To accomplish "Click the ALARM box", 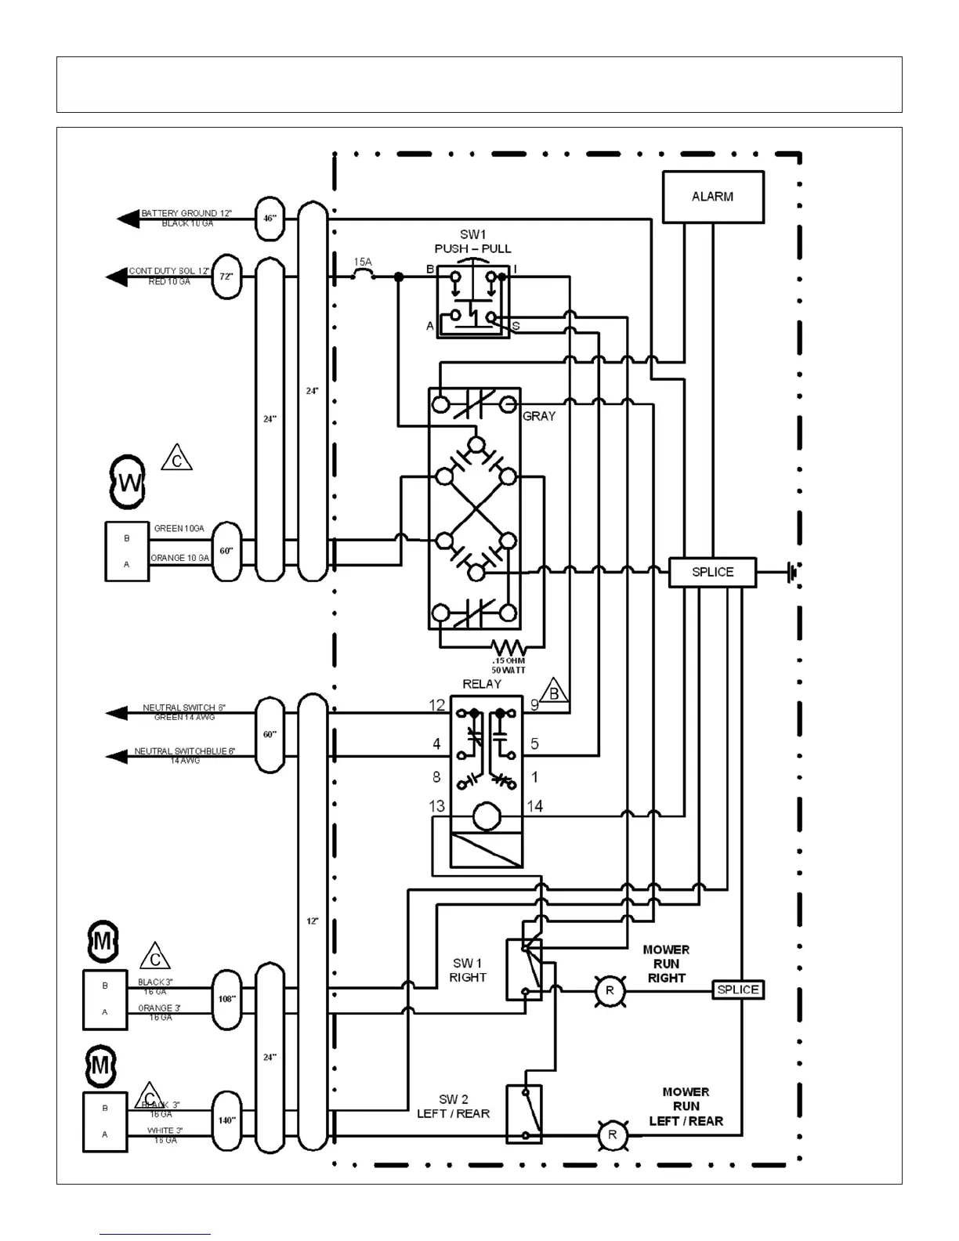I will click(713, 197).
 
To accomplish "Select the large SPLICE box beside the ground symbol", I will click(712, 572).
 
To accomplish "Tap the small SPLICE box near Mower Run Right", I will click(737, 990).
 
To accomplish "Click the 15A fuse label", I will click(362, 262).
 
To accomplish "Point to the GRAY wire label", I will click(539, 416).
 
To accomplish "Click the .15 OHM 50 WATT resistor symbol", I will click(508, 648).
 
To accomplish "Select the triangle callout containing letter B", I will click(554, 692).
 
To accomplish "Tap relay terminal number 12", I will click(436, 705).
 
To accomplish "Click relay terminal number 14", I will click(534, 806).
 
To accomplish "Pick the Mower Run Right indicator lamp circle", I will click(610, 991).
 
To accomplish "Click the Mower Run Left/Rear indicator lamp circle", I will click(613, 1134).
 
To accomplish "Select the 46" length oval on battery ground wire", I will click(270, 219).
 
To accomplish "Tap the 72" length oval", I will click(227, 277).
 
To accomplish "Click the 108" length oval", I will click(227, 999).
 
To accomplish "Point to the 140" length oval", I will click(227, 1120).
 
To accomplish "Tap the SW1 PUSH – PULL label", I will click(472, 241).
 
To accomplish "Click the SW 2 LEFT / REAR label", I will click(453, 1106).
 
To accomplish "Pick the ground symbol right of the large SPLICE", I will click(793, 572).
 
